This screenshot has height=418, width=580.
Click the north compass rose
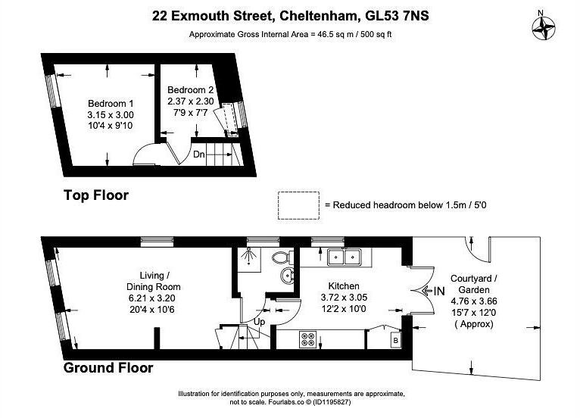coord(545,27)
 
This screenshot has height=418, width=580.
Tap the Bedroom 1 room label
coord(111,104)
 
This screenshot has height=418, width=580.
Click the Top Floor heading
coord(95,195)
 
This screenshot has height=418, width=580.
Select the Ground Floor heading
coord(108,368)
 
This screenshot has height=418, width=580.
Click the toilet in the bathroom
coord(283,257)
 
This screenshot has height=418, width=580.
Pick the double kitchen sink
coord(344,257)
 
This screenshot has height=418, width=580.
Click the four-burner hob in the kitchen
coord(308,338)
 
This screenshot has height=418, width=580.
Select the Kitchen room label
coord(344,286)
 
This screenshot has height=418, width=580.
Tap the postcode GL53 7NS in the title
coord(391,14)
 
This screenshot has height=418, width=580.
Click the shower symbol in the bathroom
coord(250,258)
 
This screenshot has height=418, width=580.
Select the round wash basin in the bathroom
coord(287,275)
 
